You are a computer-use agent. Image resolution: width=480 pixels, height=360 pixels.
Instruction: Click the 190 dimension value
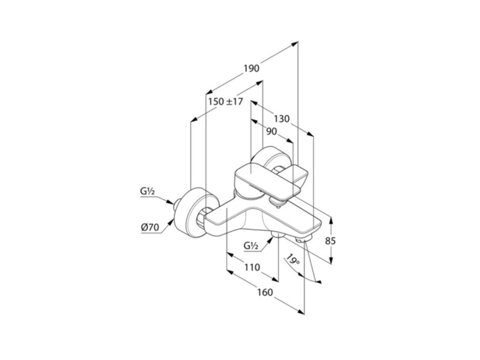pos(251,68)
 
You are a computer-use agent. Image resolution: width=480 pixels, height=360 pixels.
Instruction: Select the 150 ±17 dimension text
pos(225,101)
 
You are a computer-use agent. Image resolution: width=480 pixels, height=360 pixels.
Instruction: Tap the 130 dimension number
pos(282,119)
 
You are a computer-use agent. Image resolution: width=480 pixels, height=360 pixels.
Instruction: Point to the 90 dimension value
pos(271,132)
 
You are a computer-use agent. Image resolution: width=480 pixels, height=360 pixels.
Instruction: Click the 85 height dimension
pos(330,241)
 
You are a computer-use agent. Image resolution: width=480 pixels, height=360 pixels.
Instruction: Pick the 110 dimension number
pos(252,268)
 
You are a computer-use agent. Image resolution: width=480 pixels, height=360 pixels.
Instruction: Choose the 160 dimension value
pos(265,292)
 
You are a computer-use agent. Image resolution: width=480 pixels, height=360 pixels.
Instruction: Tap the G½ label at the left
pos(147,191)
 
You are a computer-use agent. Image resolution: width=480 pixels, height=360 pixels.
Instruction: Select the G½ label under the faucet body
pos(251,246)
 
